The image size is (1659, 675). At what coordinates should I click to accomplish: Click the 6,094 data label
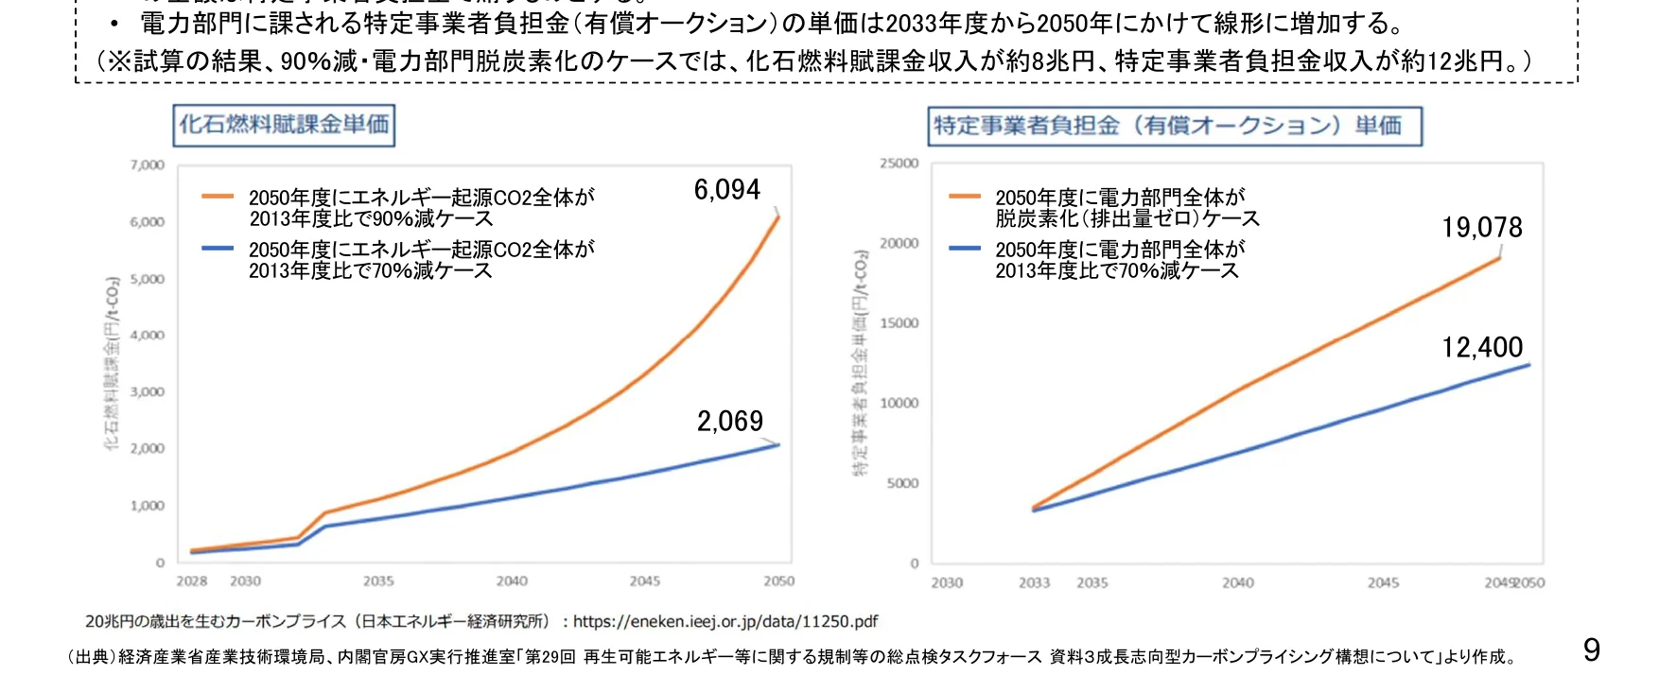point(726,190)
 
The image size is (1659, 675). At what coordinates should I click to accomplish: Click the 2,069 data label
point(729,422)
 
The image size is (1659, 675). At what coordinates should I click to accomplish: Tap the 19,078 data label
point(1481,228)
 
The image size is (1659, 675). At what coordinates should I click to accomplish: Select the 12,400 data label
point(1481,348)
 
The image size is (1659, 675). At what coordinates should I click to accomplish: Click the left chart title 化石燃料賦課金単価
point(284,125)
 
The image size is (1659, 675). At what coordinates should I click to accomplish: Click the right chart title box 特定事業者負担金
point(1174,126)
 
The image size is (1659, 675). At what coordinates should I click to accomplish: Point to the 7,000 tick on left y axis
point(148,165)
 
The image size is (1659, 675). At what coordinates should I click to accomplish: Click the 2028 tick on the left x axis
point(191,581)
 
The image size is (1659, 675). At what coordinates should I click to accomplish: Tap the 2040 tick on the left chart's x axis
point(512,581)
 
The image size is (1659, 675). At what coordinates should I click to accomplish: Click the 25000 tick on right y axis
point(899,164)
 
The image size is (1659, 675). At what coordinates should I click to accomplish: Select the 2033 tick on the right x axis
point(1034,583)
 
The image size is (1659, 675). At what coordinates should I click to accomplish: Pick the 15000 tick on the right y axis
point(899,323)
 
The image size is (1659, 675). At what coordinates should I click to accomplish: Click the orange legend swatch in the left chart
point(218,197)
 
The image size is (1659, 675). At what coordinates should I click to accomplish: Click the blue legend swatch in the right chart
point(964,249)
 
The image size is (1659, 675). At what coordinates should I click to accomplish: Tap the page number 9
point(1591,649)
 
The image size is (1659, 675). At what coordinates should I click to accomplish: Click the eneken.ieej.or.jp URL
point(725,622)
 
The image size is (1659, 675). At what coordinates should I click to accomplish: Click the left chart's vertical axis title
point(112,364)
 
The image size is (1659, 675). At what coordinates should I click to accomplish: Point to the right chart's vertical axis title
point(860,364)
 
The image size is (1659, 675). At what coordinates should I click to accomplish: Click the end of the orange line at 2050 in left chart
point(778,217)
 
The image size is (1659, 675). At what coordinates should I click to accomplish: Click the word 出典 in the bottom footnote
point(92,657)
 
